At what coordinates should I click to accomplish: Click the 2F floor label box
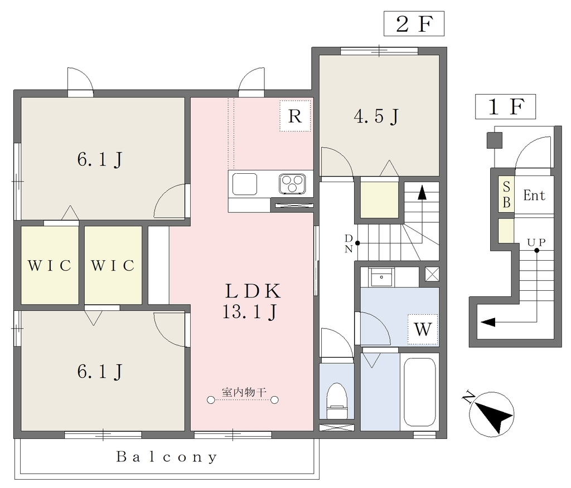(x=414, y=23)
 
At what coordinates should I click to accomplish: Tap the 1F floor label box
(x=505, y=106)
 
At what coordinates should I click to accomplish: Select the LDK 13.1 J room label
(x=251, y=301)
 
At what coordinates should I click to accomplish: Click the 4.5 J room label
(x=376, y=116)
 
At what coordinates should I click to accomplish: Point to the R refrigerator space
(x=295, y=116)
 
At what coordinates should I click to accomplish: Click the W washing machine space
(x=423, y=329)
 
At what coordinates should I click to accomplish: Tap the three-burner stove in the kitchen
(x=292, y=184)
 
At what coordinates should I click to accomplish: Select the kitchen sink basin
(x=245, y=184)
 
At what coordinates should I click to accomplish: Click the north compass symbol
(x=491, y=413)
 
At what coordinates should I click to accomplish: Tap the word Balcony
(x=167, y=457)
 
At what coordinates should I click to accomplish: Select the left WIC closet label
(x=50, y=266)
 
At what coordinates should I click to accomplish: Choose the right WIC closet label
(x=113, y=266)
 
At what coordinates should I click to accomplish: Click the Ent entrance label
(x=534, y=196)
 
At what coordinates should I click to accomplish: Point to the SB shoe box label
(x=506, y=194)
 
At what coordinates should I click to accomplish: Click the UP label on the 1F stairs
(x=536, y=242)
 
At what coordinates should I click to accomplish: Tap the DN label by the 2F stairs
(x=349, y=243)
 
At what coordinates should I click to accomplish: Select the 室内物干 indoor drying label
(x=244, y=392)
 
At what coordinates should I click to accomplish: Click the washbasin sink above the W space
(x=381, y=278)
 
